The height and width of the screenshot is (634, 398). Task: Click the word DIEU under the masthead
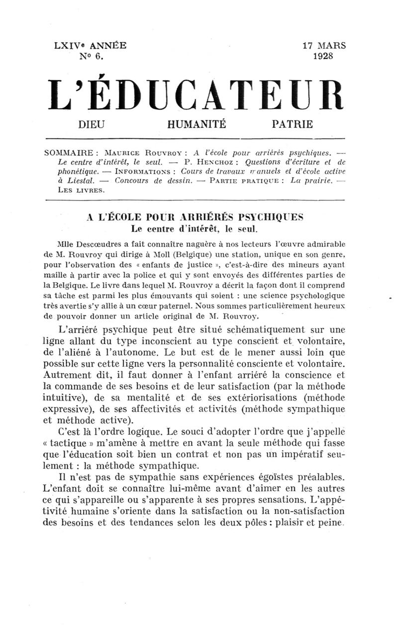pyautogui.click(x=92, y=124)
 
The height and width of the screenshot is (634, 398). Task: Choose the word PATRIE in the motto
pyautogui.click(x=293, y=124)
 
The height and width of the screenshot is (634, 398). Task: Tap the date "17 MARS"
pyautogui.click(x=324, y=46)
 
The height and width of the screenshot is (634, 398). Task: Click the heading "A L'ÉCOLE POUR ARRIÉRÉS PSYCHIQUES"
pyautogui.click(x=195, y=217)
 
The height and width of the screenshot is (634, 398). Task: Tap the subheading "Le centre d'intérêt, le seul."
pyautogui.click(x=194, y=229)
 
